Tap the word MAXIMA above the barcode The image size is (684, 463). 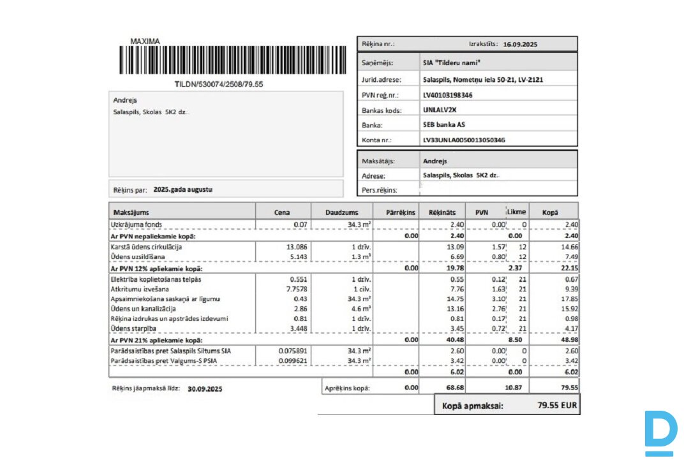145,41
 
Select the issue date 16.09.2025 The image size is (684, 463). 521,45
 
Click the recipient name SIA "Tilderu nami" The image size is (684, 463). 451,63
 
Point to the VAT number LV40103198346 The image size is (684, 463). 448,95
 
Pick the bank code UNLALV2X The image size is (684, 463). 440,110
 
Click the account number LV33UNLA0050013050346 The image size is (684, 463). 464,140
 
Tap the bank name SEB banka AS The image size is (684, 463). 444,125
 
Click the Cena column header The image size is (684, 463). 282,212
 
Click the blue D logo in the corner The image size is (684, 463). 660,433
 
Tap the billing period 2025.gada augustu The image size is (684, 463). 182,189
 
